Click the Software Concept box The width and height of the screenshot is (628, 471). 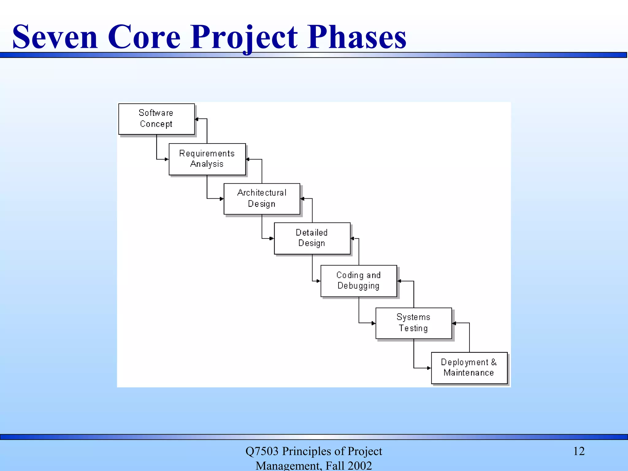pyautogui.click(x=156, y=119)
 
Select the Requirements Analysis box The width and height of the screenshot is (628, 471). pyautogui.click(x=207, y=159)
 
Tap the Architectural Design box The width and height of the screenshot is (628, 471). pyautogui.click(x=262, y=199)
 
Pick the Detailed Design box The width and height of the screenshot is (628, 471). pyautogui.click(x=312, y=238)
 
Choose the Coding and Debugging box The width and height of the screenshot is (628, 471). pyautogui.click(x=358, y=281)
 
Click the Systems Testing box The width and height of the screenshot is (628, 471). pyautogui.click(x=413, y=323)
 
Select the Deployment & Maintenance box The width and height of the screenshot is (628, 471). pyautogui.click(x=469, y=368)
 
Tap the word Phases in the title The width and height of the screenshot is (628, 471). pyautogui.click(x=357, y=37)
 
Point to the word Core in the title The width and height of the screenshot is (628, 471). pyautogui.click(x=144, y=37)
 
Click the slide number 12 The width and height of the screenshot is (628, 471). pyautogui.click(x=579, y=451)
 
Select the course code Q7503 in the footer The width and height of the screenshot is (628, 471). pyautogui.click(x=262, y=451)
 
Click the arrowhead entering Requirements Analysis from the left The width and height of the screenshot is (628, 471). pyautogui.click(x=167, y=159)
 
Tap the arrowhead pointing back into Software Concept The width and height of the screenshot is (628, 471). pyautogui.click(x=197, y=119)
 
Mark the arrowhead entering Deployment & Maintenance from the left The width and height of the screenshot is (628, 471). pyautogui.click(x=429, y=368)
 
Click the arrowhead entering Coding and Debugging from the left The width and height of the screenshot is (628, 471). pyautogui.click(x=318, y=281)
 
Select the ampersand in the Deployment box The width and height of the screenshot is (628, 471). pyautogui.click(x=494, y=362)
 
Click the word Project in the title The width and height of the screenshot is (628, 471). pyautogui.click(x=244, y=37)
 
